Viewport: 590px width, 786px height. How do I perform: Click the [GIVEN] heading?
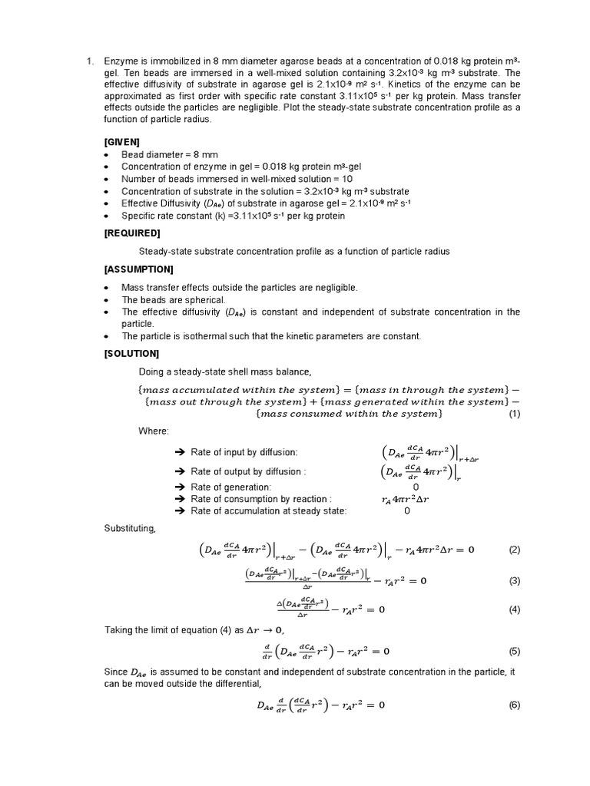(x=121, y=142)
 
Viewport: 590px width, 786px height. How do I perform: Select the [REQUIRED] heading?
(x=131, y=233)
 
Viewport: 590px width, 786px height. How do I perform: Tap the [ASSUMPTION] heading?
(x=138, y=269)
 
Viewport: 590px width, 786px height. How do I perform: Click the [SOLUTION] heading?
(x=131, y=354)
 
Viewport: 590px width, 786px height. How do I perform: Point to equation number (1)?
(x=514, y=414)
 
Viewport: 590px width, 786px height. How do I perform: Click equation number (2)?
(x=514, y=550)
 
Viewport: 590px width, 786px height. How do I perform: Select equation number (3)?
(x=514, y=580)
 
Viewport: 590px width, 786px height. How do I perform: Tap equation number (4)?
(x=514, y=610)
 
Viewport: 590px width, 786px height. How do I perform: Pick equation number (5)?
(x=514, y=652)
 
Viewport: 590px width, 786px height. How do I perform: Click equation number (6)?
(x=514, y=705)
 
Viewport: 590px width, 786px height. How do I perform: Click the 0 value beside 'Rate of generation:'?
(x=416, y=487)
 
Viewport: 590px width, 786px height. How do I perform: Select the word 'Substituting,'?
(x=129, y=529)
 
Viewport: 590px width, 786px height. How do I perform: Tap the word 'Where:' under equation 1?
(x=153, y=431)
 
